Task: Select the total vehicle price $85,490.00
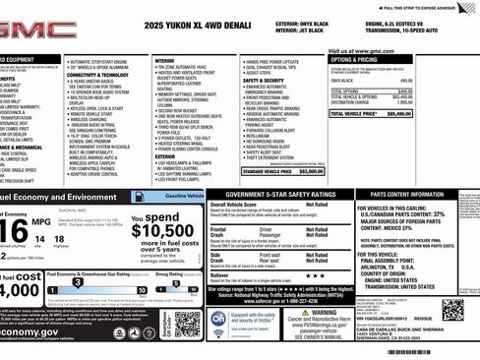click(x=451, y=114)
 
